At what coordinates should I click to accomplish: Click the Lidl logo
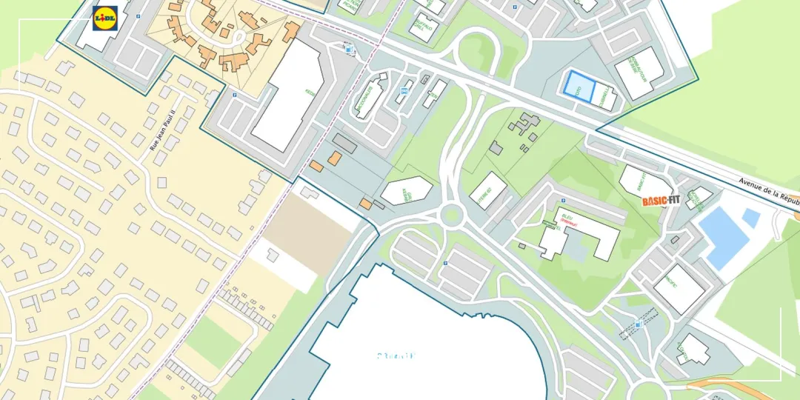click(x=105, y=18)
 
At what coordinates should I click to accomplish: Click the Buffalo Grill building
click(x=424, y=27)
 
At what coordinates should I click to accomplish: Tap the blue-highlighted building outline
click(x=579, y=86)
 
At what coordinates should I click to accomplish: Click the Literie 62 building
click(x=488, y=190)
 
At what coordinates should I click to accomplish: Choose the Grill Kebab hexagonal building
click(x=406, y=190)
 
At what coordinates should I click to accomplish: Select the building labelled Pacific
click(x=679, y=288)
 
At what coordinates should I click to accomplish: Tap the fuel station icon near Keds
click(x=350, y=49)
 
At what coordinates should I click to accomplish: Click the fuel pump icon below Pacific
click(x=638, y=324)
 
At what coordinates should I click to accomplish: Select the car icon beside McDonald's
click(x=404, y=93)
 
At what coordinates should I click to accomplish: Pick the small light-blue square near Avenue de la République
click(x=751, y=218)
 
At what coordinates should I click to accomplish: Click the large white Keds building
click(x=288, y=97)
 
